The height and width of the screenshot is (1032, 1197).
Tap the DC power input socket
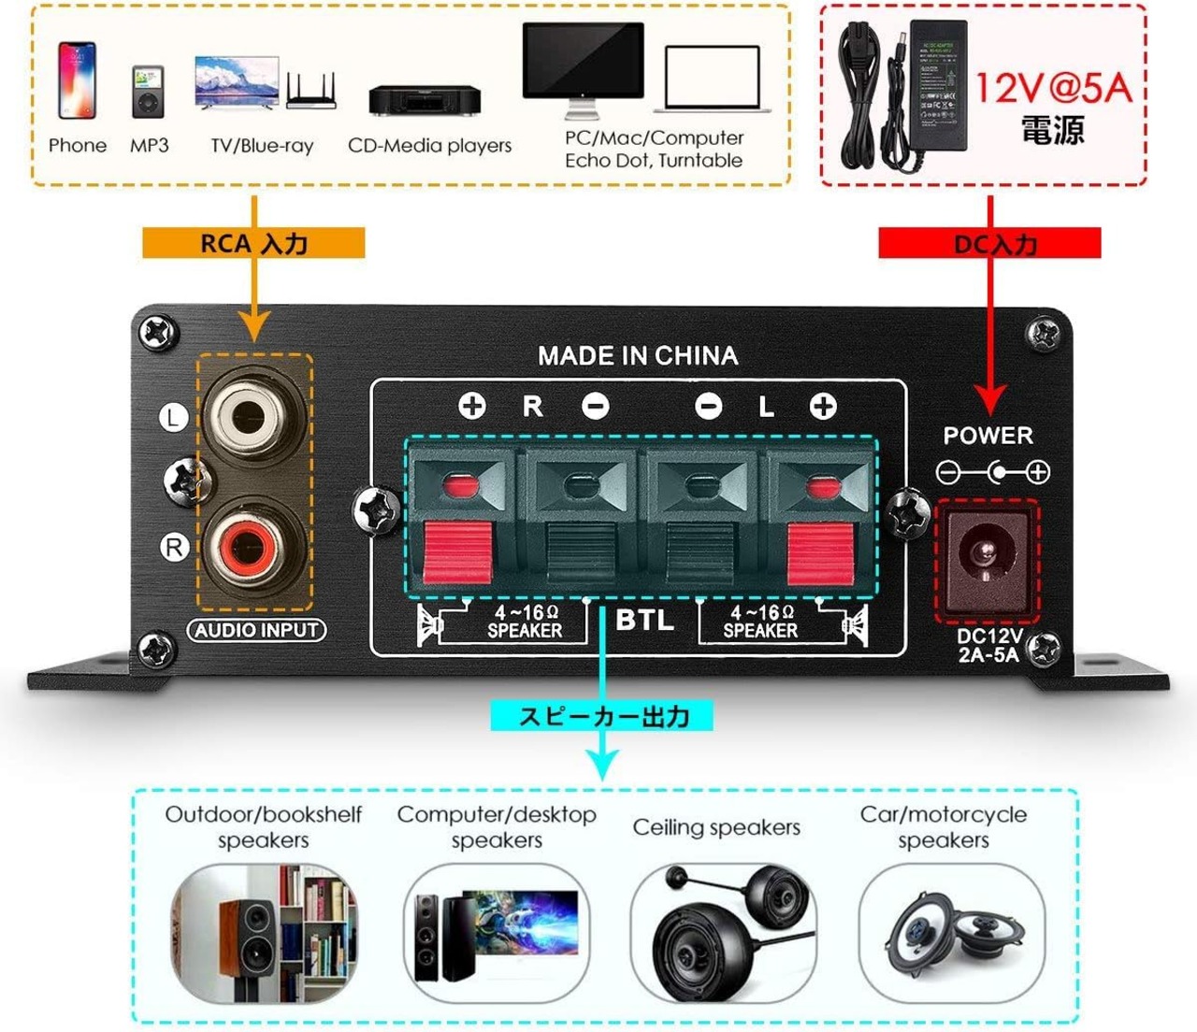pyautogui.click(x=986, y=556)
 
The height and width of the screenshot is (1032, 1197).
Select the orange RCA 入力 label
pyautogui.click(x=253, y=244)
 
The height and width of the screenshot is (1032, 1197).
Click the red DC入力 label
pyautogui.click(x=990, y=244)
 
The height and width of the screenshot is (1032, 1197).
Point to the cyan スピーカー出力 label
pyautogui.click(x=603, y=717)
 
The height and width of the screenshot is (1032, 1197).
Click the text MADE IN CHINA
pyautogui.click(x=638, y=356)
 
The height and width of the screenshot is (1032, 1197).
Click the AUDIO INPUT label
pyautogui.click(x=257, y=630)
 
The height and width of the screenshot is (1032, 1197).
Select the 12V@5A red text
pyautogui.click(x=1054, y=89)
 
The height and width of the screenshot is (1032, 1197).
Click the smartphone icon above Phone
pyautogui.click(x=77, y=79)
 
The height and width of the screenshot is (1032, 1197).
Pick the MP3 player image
pyautogui.click(x=148, y=91)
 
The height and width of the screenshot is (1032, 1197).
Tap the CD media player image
pyautogui.click(x=425, y=99)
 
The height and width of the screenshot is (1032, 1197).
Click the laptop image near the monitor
pyautogui.click(x=714, y=79)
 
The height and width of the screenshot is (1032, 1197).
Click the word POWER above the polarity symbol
pyautogui.click(x=988, y=436)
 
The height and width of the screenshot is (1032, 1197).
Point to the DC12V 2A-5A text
pyautogui.click(x=988, y=645)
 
